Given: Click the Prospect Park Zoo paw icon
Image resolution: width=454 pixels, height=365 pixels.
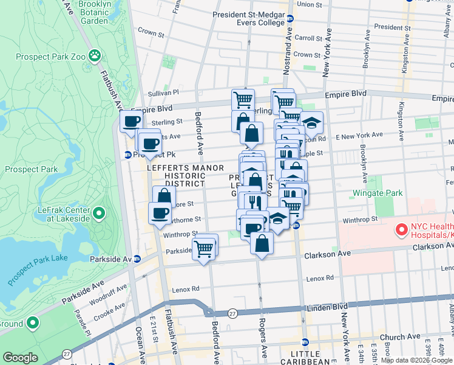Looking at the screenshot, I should [x=95, y=57].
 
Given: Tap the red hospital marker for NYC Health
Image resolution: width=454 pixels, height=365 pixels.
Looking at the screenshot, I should [x=401, y=230].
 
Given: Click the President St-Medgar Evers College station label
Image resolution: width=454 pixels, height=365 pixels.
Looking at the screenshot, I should [x=248, y=19].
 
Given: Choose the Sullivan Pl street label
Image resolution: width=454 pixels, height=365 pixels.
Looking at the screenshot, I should [x=163, y=92].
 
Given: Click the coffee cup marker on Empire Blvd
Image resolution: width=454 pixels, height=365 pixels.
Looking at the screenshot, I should [x=131, y=121].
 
